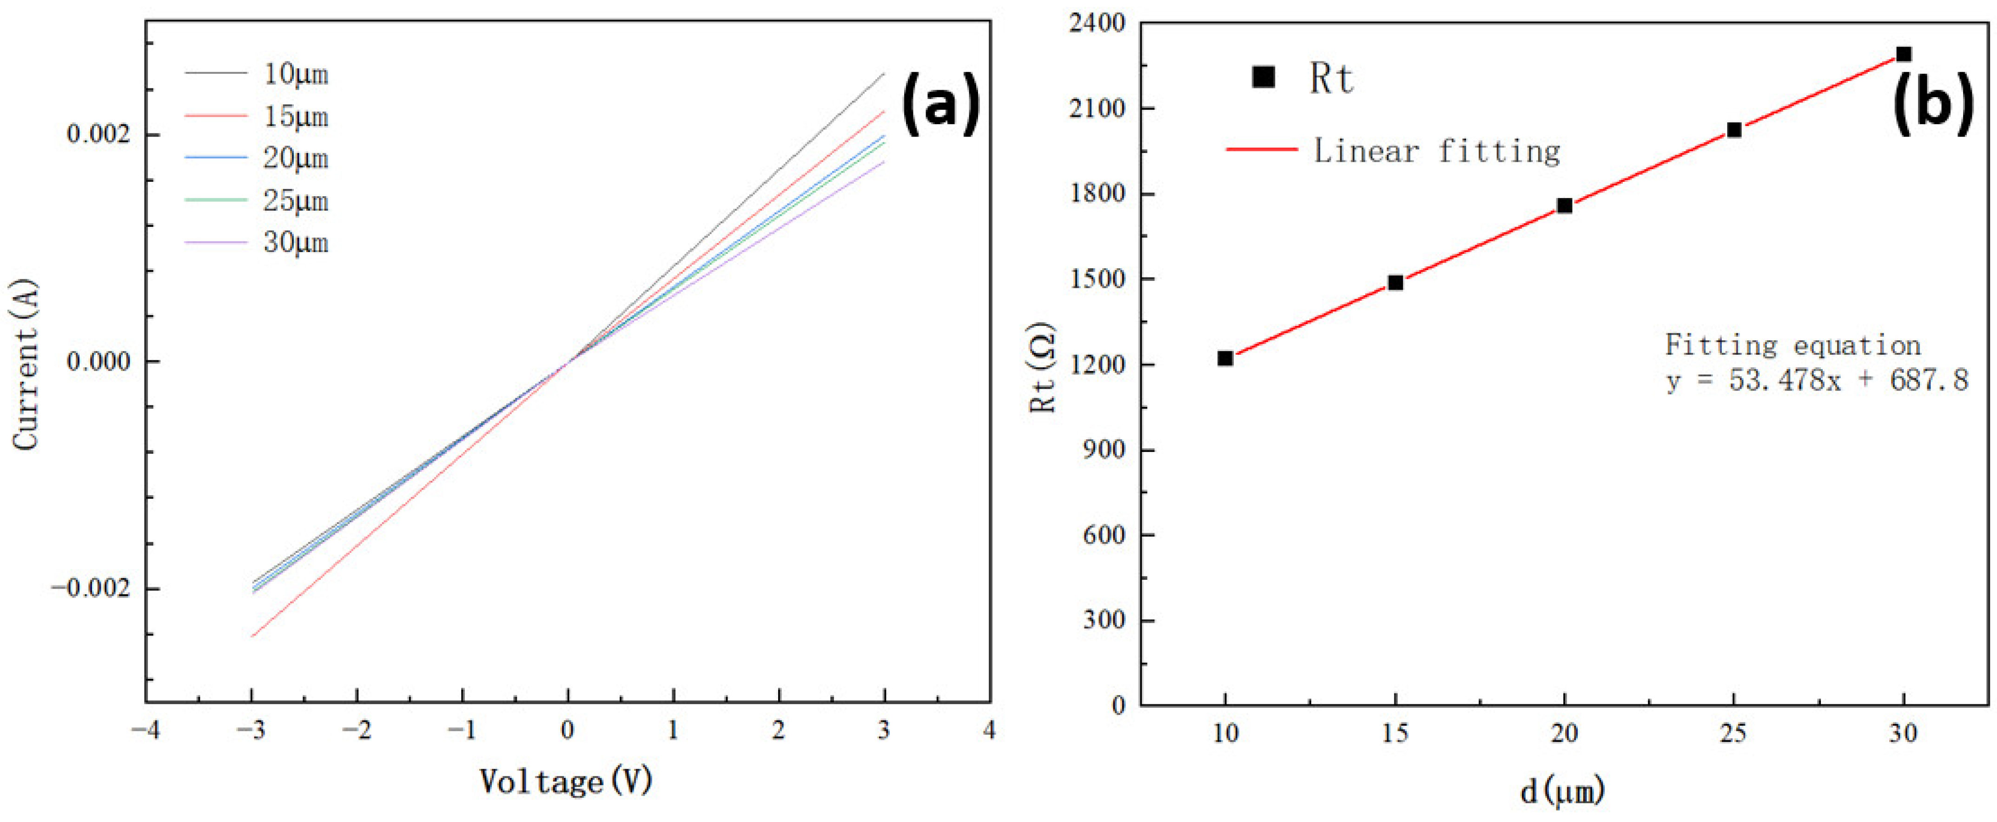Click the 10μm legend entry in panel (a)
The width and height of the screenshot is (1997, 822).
[295, 74]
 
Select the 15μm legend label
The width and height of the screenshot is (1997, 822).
[295, 116]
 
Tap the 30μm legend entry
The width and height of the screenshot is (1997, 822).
[295, 243]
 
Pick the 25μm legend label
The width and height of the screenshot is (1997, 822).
[295, 201]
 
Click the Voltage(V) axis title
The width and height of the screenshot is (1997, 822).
[566, 782]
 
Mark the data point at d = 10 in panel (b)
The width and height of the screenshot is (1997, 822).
[1225, 358]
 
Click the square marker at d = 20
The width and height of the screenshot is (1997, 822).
[1564, 205]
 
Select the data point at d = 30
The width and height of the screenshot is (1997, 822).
[1903, 54]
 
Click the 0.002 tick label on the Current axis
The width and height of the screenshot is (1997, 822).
[97, 134]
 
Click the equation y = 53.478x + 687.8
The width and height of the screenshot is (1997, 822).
[1816, 380]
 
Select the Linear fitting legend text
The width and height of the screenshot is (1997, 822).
[1436, 151]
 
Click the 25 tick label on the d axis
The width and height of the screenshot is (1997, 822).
[1733, 733]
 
